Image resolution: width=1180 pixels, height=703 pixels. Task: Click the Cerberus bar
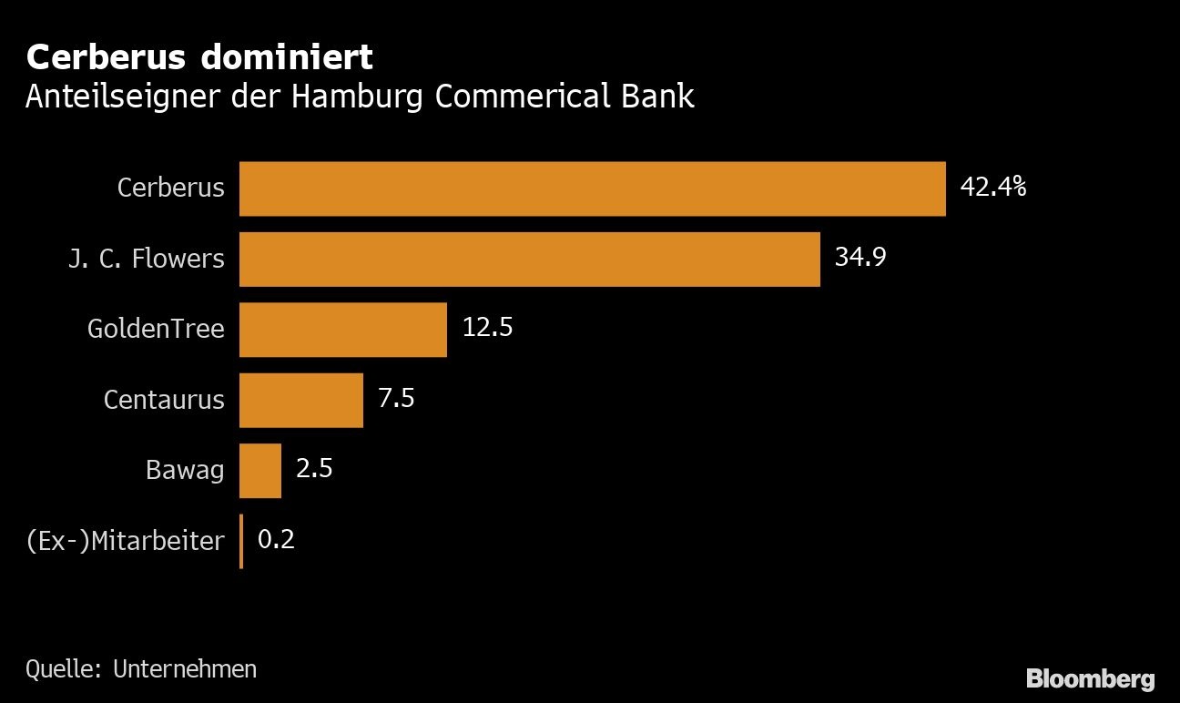(x=592, y=188)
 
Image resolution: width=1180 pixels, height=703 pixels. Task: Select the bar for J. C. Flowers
(x=529, y=260)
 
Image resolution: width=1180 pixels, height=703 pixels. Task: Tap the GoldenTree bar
(x=342, y=330)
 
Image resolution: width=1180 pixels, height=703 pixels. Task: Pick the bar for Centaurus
(x=300, y=400)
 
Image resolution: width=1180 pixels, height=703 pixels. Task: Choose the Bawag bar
(x=259, y=471)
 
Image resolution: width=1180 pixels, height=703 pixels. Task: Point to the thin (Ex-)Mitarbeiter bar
(x=241, y=541)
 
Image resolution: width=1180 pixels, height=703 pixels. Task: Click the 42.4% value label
(x=993, y=188)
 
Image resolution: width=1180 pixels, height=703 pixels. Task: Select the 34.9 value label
(x=860, y=258)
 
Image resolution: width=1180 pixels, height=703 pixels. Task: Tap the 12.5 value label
(x=487, y=328)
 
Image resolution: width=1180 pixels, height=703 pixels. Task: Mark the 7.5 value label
(x=396, y=399)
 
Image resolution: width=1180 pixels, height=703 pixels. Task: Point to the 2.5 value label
(x=314, y=469)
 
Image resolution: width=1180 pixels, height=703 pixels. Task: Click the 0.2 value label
(x=276, y=540)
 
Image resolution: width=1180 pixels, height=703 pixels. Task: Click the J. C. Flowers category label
(x=146, y=259)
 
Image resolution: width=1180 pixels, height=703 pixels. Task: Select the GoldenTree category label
(x=156, y=329)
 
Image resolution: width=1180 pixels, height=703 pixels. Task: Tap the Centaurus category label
(x=164, y=400)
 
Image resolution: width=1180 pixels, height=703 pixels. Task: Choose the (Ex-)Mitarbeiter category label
(x=125, y=541)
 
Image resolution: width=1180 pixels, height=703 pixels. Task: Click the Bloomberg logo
(x=1090, y=678)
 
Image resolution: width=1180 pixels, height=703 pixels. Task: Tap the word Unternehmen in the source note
(x=185, y=669)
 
